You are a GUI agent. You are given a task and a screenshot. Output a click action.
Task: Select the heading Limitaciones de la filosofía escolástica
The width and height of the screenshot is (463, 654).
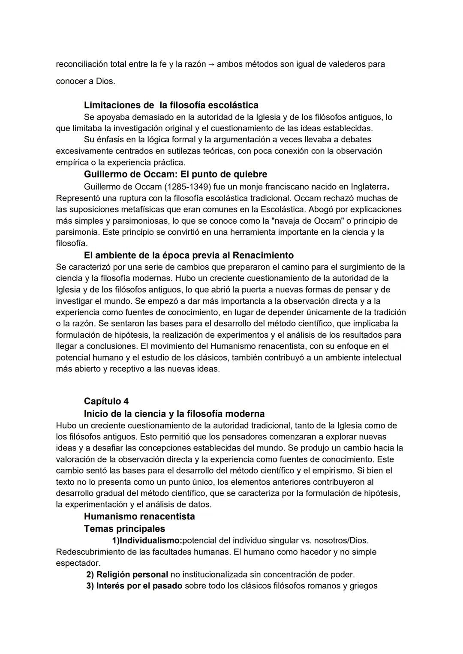(171, 105)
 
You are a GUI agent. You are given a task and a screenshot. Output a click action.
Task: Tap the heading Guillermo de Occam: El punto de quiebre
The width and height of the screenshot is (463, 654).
(175, 174)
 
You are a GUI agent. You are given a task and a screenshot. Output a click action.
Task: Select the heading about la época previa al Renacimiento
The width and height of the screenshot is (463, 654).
(189, 255)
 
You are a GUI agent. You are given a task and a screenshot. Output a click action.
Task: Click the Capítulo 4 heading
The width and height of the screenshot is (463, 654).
(106, 401)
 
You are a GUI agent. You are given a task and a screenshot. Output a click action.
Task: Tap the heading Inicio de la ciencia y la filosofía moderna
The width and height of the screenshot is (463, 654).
(174, 414)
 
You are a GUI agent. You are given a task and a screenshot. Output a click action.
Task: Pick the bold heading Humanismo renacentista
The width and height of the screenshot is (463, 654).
(139, 516)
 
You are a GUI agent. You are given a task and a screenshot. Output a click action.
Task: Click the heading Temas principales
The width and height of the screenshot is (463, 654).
(124, 529)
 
